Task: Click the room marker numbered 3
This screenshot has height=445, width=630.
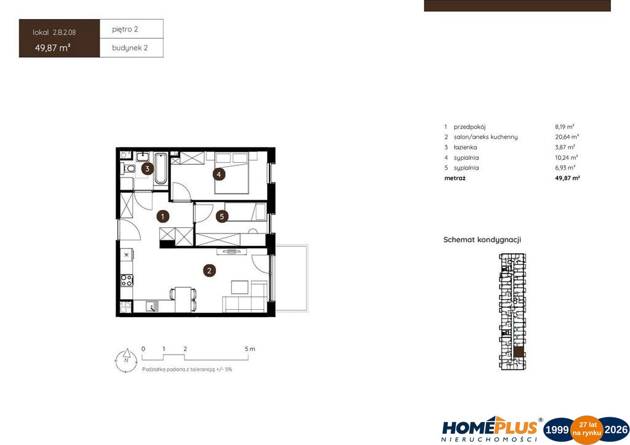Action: pyautogui.click(x=148, y=168)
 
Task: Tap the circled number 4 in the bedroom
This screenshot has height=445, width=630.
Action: pyautogui.click(x=219, y=174)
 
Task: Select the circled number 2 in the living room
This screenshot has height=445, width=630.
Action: pyautogui.click(x=209, y=270)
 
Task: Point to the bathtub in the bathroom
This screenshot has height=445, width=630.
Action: pyautogui.click(x=161, y=168)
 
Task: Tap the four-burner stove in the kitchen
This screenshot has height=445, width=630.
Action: pyautogui.click(x=127, y=280)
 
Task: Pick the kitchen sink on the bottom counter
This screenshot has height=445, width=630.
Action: pyautogui.click(x=153, y=307)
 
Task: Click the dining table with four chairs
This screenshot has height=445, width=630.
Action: pyautogui.click(x=183, y=299)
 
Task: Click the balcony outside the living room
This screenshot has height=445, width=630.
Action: pyautogui.click(x=291, y=278)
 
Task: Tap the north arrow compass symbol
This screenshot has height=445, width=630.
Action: pyautogui.click(x=126, y=360)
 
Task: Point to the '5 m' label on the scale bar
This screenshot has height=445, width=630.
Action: pyautogui.click(x=250, y=349)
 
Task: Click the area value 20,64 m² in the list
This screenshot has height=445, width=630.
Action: pyautogui.click(x=567, y=137)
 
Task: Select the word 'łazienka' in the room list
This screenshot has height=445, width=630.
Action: pyautogui.click(x=465, y=148)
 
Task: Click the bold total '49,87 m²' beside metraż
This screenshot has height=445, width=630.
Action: pyautogui.click(x=567, y=178)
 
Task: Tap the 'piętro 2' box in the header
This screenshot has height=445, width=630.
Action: pyautogui.click(x=132, y=29)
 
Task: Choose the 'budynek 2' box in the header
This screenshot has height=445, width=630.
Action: pyautogui.click(x=132, y=48)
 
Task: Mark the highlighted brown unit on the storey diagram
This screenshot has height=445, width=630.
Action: pyautogui.click(x=519, y=352)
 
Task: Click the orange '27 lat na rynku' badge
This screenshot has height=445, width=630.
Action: pyautogui.click(x=587, y=430)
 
